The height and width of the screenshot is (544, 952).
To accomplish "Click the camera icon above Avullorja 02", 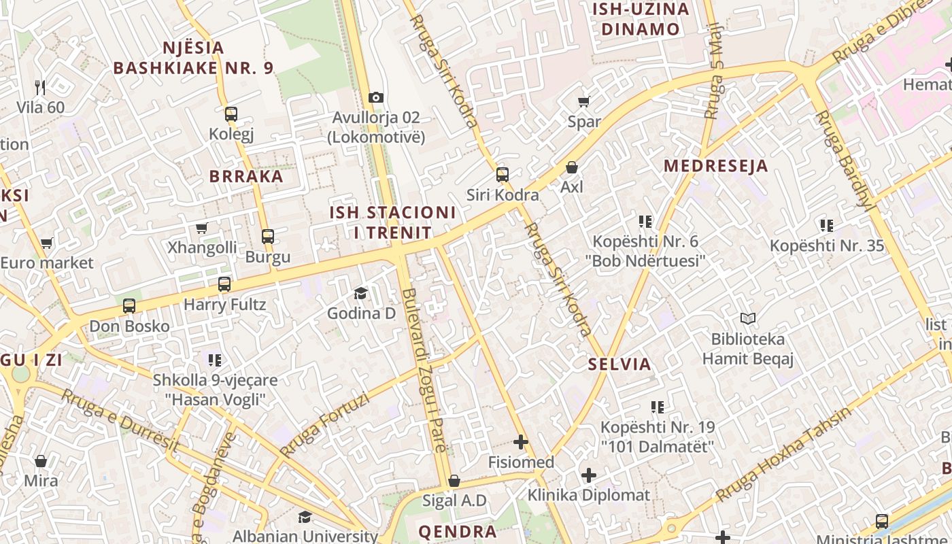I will pyautogui.click(x=375, y=98).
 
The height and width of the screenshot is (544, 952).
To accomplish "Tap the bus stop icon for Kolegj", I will pyautogui.click(x=231, y=114).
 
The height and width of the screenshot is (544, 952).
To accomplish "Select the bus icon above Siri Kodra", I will pyautogui.click(x=503, y=175).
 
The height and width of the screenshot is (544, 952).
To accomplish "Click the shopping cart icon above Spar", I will pyautogui.click(x=583, y=102).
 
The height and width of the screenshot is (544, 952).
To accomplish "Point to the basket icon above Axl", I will pyautogui.click(x=572, y=167).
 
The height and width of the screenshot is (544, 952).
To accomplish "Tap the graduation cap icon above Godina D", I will pyautogui.click(x=360, y=293).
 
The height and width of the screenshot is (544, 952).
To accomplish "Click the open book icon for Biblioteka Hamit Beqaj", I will pyautogui.click(x=747, y=318).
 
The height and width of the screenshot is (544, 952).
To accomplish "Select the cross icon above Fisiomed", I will pyautogui.click(x=521, y=443).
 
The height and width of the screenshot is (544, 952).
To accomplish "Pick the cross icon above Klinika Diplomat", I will pyautogui.click(x=589, y=475).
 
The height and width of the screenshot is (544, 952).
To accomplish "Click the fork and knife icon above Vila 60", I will pyautogui.click(x=40, y=87).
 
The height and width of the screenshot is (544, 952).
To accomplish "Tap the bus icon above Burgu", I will pyautogui.click(x=268, y=237).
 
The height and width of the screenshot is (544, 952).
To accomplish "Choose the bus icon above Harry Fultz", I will pyautogui.click(x=224, y=284).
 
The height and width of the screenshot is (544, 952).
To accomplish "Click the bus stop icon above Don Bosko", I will pyautogui.click(x=129, y=306).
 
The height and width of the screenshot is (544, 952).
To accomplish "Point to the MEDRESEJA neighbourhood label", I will pyautogui.click(x=716, y=166).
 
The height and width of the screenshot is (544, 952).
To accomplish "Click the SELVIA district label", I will pyautogui.click(x=619, y=364).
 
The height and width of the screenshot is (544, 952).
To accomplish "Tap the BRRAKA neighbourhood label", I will pyautogui.click(x=246, y=177).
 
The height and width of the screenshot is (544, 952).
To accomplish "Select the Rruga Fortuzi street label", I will pyautogui.click(x=324, y=425).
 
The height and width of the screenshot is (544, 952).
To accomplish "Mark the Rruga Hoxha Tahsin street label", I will pyautogui.click(x=783, y=454).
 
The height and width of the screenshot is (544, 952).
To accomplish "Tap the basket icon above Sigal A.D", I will pyautogui.click(x=454, y=481).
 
